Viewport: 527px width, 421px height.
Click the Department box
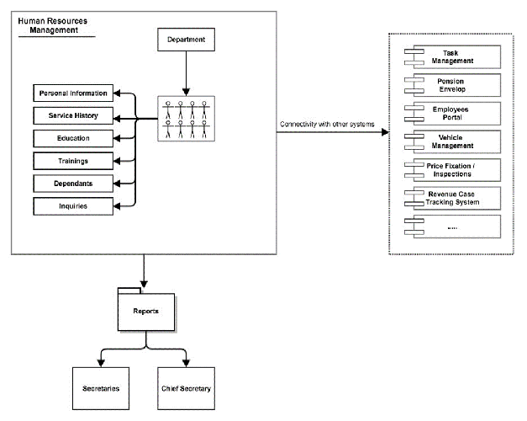click(187, 40)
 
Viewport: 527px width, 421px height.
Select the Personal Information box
click(73, 93)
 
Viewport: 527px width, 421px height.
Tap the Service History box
click(73, 115)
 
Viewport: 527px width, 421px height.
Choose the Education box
click(73, 138)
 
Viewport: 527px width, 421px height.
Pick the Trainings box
click(73, 161)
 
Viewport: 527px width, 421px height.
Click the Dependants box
click(73, 184)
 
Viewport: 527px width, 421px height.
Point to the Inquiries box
click(73, 206)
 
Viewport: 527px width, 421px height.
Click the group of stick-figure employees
click(187, 119)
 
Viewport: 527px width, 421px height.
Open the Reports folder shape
click(146, 312)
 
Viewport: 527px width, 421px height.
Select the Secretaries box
click(101, 388)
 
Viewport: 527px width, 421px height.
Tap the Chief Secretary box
click(187, 388)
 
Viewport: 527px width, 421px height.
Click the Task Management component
click(452, 57)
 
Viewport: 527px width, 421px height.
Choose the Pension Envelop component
click(452, 85)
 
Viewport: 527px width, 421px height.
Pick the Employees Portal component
click(452, 114)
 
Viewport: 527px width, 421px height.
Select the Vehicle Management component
click(452, 141)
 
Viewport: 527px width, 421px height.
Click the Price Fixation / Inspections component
click(452, 170)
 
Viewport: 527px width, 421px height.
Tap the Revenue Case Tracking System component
click(452, 199)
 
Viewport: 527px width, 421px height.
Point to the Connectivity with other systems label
click(327, 124)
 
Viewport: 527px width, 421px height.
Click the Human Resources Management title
click(53, 25)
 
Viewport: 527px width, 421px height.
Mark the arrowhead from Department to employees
click(187, 92)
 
